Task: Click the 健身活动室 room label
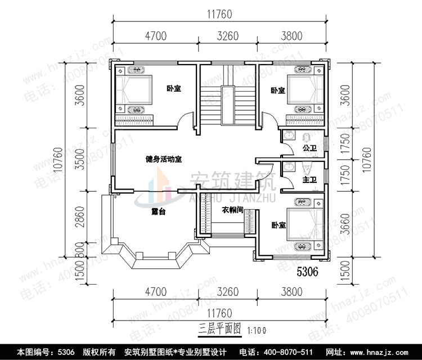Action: pyautogui.click(x=163, y=159)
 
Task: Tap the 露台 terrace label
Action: pyautogui.click(x=159, y=212)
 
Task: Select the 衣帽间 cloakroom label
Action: pyautogui.click(x=232, y=210)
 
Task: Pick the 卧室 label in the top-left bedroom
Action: pyautogui.click(x=173, y=88)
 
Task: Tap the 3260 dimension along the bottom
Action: pyautogui.click(x=228, y=292)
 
